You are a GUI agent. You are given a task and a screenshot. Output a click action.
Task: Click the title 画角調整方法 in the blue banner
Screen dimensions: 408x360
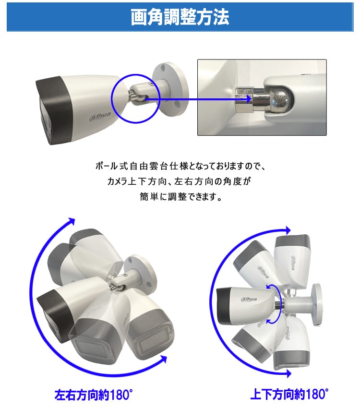click(180, 17)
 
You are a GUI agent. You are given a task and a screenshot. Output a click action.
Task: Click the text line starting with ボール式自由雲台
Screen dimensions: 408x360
click(180, 167)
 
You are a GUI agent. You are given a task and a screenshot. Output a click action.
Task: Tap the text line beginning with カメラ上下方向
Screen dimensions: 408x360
click(180, 182)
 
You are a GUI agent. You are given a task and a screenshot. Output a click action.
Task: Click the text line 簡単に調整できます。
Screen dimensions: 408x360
click(180, 197)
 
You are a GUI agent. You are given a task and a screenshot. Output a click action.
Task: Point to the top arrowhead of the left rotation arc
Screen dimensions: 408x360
click(72, 221)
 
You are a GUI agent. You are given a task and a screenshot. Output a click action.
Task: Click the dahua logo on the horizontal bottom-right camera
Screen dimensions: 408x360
click(248, 300)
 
